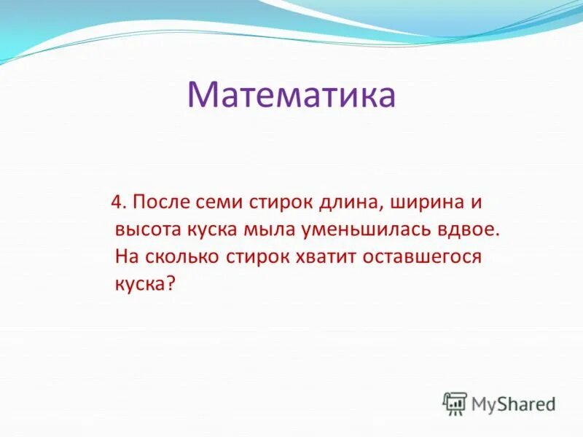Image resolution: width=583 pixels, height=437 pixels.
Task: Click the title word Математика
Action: coord(291,95)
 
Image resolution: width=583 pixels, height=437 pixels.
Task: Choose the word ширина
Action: coord(425,202)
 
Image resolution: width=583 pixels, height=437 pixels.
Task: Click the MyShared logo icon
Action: coord(455,403)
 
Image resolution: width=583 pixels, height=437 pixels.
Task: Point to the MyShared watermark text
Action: coord(513,403)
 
